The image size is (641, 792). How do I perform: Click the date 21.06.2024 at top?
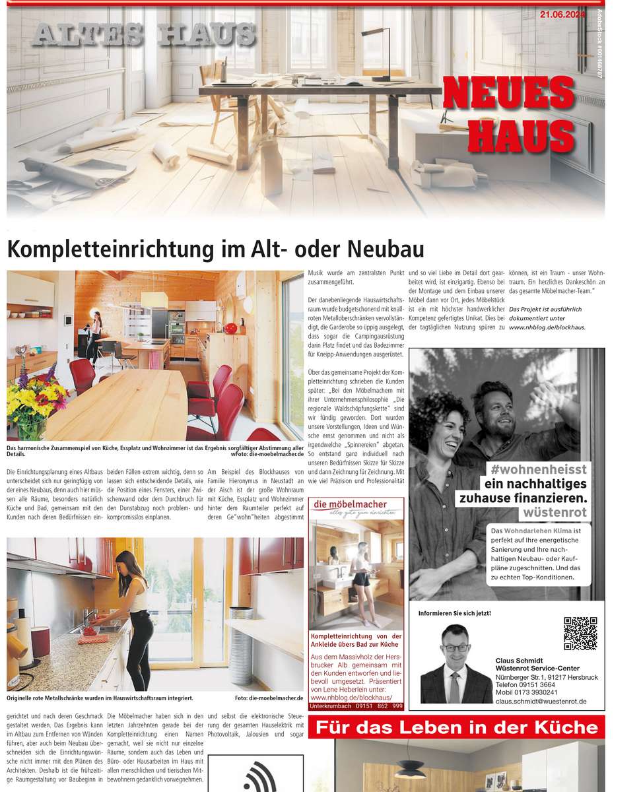coord(563,13)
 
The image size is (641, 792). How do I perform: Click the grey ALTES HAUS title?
coord(143,34)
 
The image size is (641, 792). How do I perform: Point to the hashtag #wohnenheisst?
coord(535,469)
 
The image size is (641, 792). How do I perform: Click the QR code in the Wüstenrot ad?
coord(580,634)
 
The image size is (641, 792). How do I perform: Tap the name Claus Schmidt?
coord(518,660)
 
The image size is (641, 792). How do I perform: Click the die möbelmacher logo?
coord(357,506)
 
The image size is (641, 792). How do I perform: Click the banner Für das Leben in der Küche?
coord(457,728)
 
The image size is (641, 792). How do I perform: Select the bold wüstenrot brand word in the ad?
coord(555,512)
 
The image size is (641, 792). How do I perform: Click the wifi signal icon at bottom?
coord(259,778)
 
